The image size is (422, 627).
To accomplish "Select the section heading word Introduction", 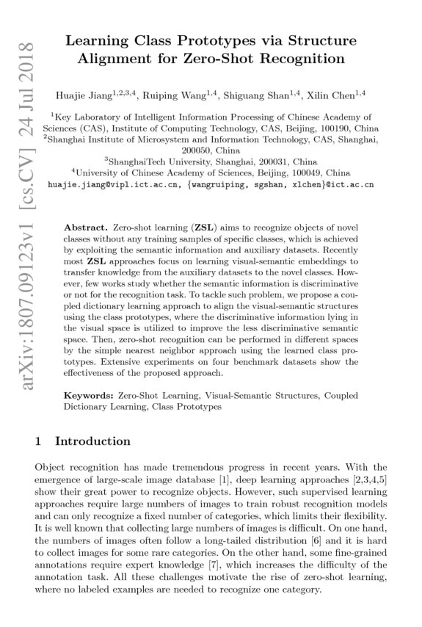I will click(x=92, y=441).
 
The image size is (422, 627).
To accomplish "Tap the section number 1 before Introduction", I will click(x=38, y=441).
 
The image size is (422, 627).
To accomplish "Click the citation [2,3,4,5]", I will click(x=368, y=479).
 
